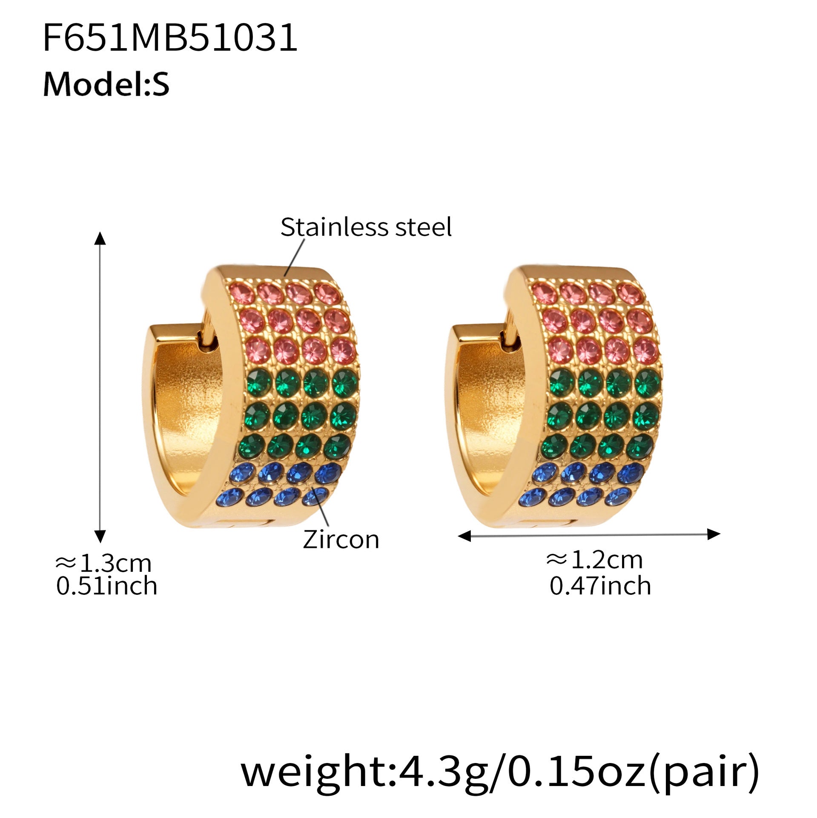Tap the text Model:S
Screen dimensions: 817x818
(106, 84)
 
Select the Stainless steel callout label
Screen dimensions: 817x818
(366, 227)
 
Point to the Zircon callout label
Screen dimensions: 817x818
(341, 539)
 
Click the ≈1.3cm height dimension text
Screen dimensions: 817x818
(103, 563)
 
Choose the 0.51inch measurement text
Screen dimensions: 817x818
(106, 586)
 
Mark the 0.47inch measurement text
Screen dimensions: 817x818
(600, 586)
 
